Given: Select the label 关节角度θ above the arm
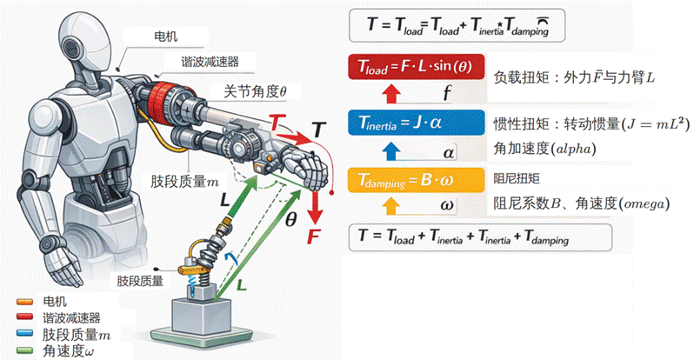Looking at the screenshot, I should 257,90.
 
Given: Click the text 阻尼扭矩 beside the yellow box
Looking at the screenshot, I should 518,180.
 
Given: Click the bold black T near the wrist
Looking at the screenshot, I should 319,130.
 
